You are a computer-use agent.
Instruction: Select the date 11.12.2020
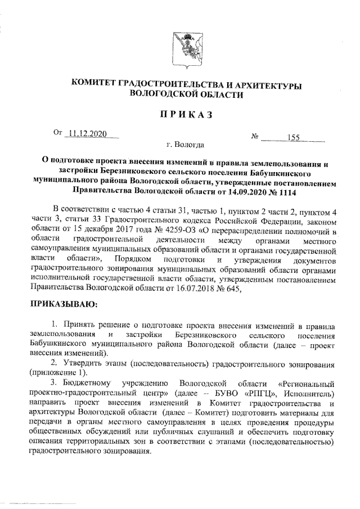click(x=85, y=133)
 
